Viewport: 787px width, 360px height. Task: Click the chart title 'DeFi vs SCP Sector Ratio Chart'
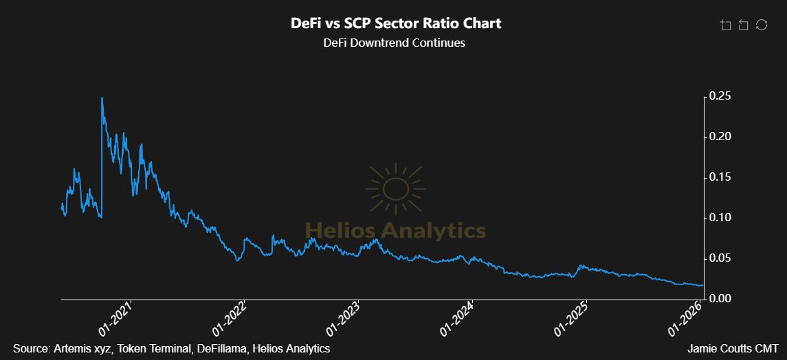click(395, 23)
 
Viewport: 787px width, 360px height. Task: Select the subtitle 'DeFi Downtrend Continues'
click(394, 43)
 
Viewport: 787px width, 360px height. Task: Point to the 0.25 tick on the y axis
click(722, 96)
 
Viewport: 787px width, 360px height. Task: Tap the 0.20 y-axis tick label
click(722, 137)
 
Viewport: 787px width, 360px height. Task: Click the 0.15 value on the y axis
click(722, 177)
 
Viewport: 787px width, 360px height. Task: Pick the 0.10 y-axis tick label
click(722, 218)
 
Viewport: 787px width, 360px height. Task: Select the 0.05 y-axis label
click(722, 258)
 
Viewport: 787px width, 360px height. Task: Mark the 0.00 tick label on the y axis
click(722, 298)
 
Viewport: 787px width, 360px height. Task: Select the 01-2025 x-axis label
click(572, 319)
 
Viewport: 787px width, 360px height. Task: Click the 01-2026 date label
click(686, 319)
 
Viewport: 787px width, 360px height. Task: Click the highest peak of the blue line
click(102, 98)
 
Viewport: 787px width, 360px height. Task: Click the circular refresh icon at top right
click(761, 25)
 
